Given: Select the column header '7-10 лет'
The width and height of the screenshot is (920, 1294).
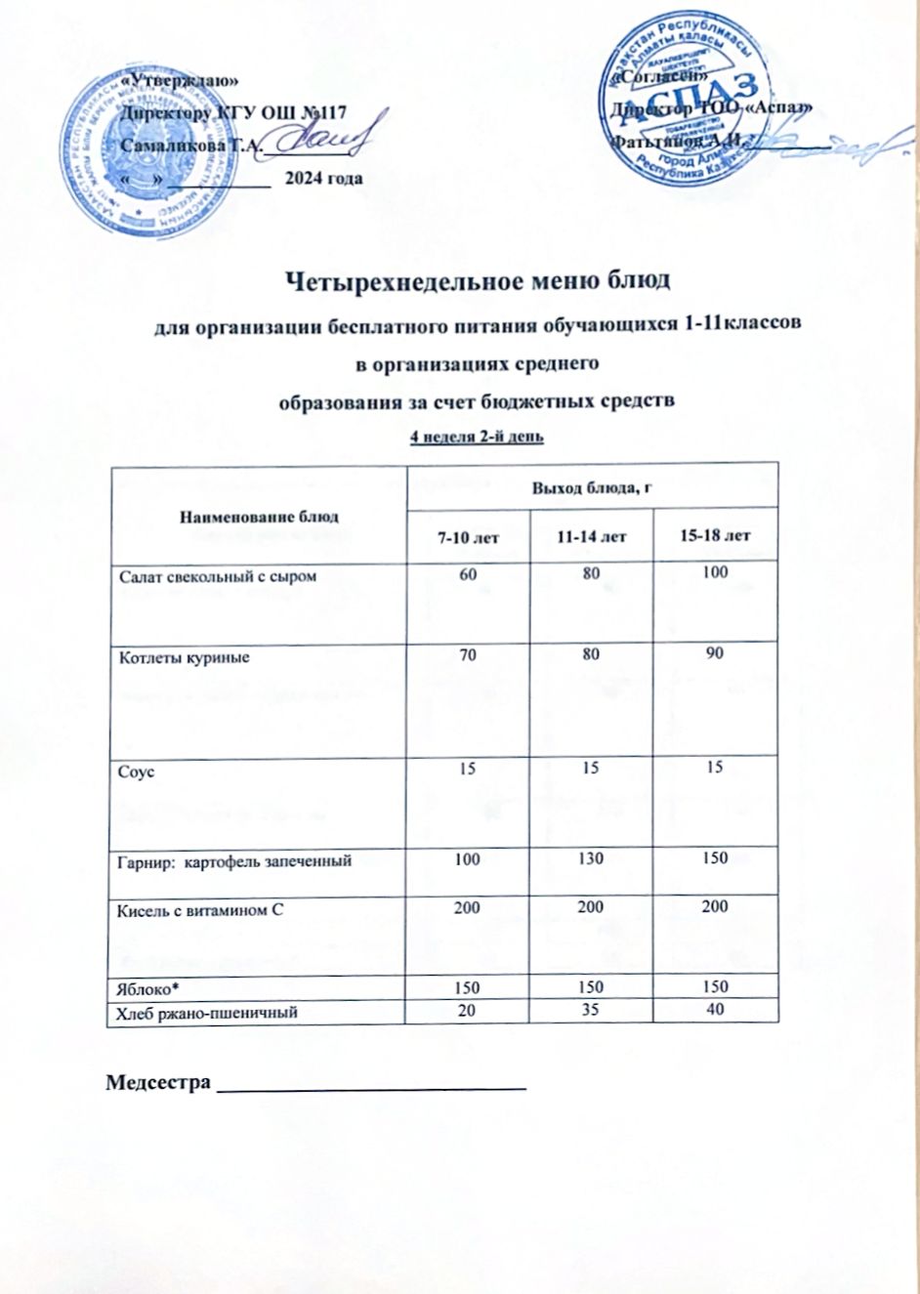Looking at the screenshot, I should (x=467, y=536).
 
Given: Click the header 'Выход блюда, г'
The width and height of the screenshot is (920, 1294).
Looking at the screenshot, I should (x=591, y=486).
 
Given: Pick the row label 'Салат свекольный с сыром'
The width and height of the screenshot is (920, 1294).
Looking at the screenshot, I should (x=218, y=577).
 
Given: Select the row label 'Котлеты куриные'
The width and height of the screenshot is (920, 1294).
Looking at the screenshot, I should (x=185, y=657).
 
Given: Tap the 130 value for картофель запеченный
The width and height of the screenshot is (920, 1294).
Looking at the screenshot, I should (x=591, y=858).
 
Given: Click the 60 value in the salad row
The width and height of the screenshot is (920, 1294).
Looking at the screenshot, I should (x=468, y=573).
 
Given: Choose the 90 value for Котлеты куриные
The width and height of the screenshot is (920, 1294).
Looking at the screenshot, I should (x=715, y=653).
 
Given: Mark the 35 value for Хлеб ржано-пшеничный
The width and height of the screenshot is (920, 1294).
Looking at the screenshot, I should (x=591, y=1011).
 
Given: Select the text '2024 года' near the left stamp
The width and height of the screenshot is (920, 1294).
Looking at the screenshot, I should (x=322, y=178).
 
